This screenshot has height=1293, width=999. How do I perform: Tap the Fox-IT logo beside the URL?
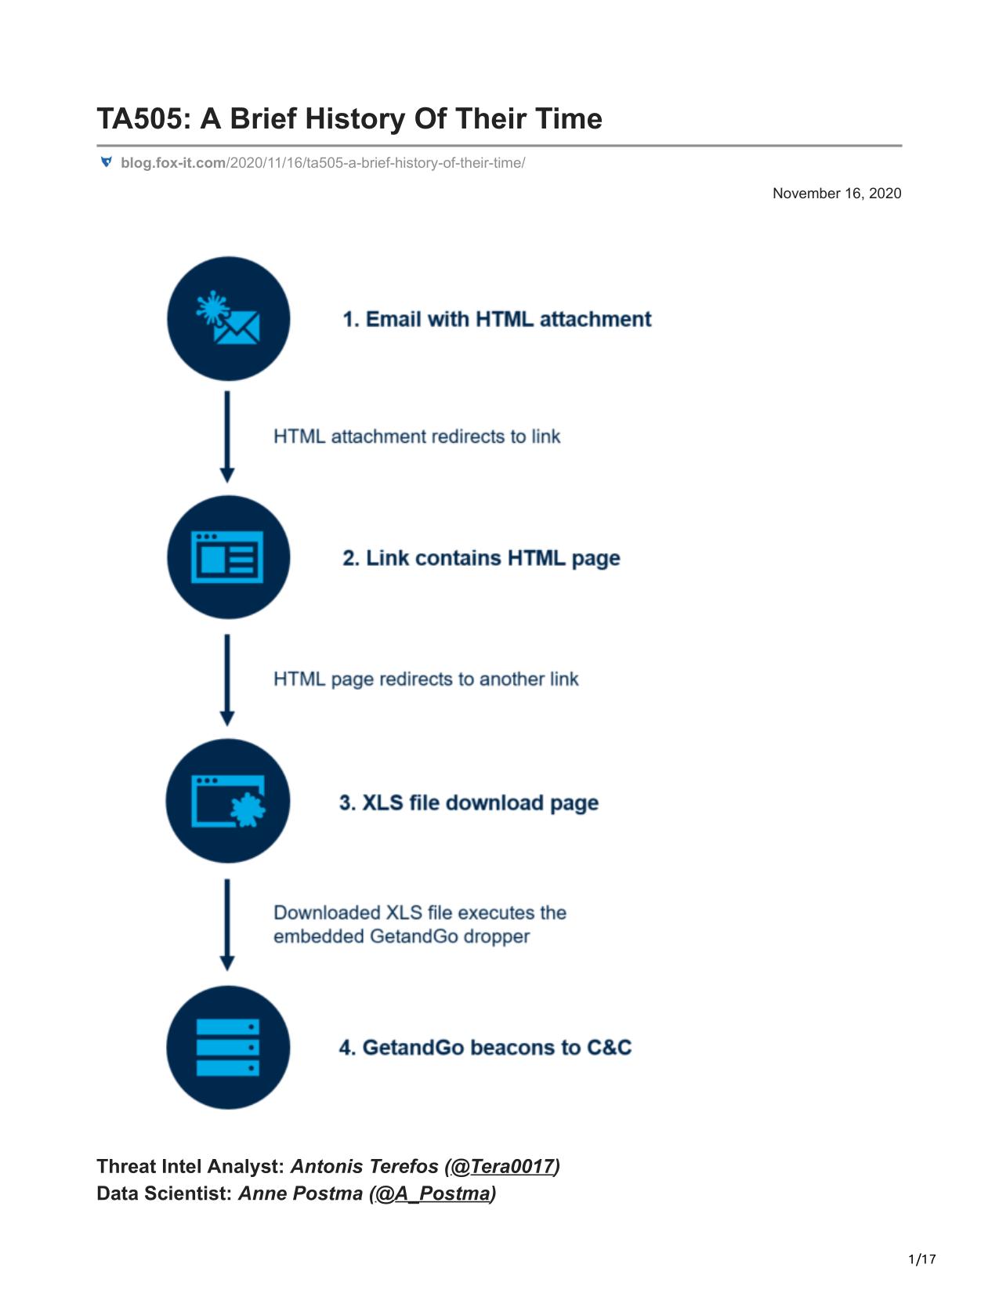(x=107, y=162)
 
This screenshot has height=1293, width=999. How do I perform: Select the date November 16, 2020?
(x=837, y=194)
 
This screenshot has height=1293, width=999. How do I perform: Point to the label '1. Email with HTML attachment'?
(x=497, y=320)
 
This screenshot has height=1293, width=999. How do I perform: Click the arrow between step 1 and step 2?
(x=227, y=436)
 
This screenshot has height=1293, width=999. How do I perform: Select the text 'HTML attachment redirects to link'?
(x=417, y=436)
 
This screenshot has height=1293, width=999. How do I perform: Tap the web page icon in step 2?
(x=227, y=557)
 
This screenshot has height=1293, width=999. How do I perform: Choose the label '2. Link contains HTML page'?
(x=481, y=558)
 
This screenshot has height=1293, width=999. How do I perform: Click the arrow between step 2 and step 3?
(x=227, y=680)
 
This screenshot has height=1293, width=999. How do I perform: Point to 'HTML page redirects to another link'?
(x=426, y=679)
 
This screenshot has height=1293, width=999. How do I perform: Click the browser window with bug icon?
(x=229, y=801)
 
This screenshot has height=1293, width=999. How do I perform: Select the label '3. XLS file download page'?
(x=469, y=802)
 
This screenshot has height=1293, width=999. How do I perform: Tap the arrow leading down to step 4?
(x=227, y=925)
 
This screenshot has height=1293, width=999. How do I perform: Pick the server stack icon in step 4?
(x=228, y=1047)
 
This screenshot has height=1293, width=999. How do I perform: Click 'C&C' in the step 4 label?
(x=610, y=1047)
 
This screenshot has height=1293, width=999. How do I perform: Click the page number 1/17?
(x=921, y=1259)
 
